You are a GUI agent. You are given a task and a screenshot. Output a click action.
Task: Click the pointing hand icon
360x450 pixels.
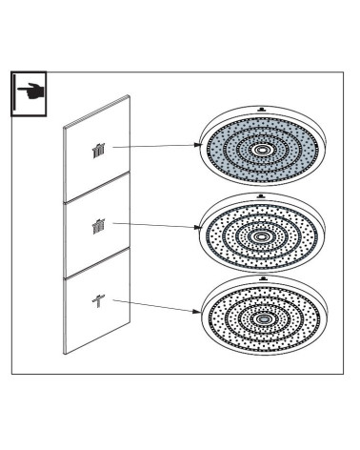[30, 92]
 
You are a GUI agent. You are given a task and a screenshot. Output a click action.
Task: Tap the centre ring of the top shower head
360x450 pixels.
[262, 150]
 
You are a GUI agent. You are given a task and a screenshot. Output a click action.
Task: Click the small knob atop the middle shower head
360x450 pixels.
[262, 190]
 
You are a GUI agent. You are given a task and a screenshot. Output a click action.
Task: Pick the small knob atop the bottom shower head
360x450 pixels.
[260, 273]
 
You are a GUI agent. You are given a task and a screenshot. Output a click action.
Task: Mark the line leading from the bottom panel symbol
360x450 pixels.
[152, 305]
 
